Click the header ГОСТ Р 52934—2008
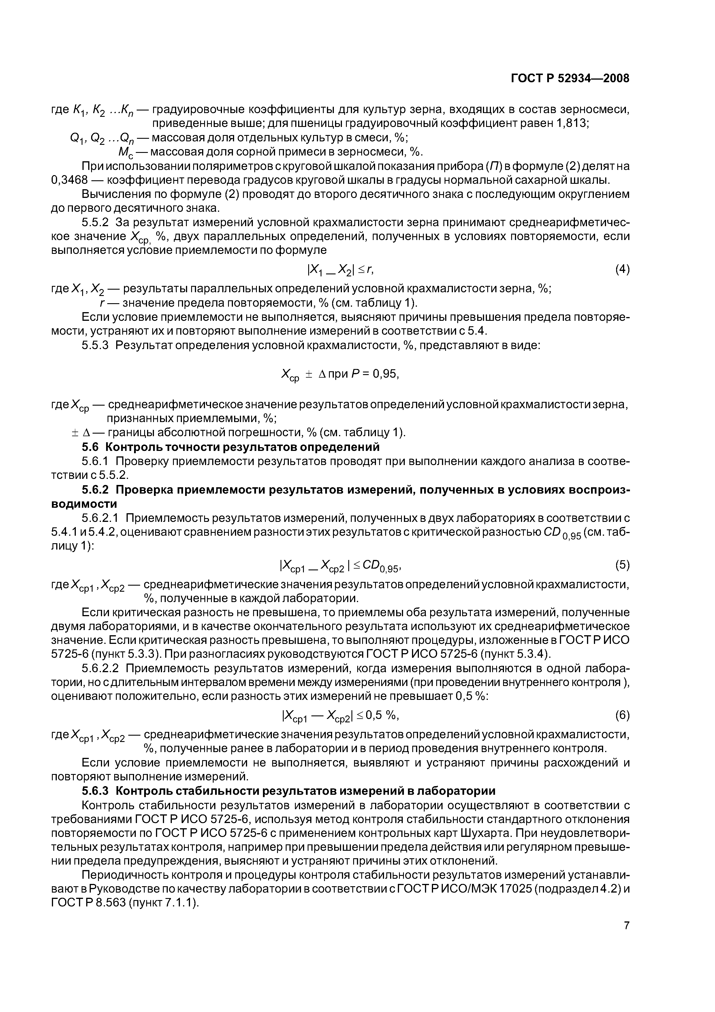point(570,78)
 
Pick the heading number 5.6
point(91,447)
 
